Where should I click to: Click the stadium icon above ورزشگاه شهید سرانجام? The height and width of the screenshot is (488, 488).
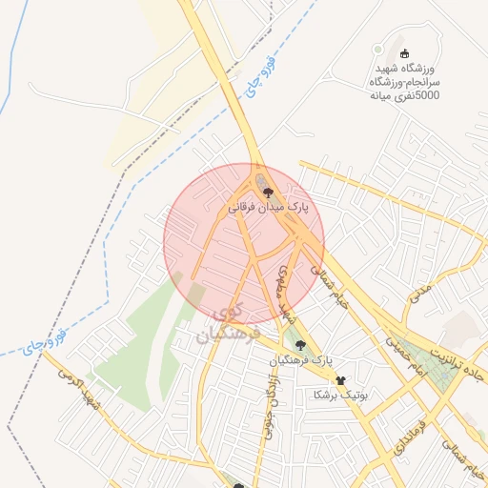pos(406,53)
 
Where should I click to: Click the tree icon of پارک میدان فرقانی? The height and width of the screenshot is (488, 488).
pos(265,191)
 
